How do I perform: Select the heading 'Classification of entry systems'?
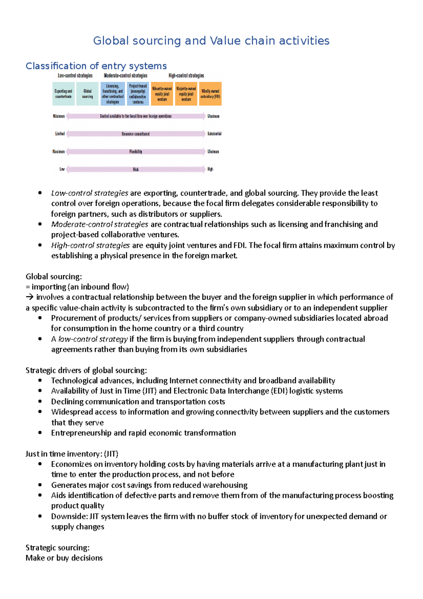coord(96,66)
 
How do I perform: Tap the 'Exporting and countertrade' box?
coord(63,94)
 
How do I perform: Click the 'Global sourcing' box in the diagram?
coord(87,94)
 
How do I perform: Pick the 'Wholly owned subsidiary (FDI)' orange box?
coord(210,94)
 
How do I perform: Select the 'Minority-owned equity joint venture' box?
coord(162,94)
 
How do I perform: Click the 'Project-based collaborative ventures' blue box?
coord(138,94)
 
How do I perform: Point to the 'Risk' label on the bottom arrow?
coord(136,169)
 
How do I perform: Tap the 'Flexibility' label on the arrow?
coord(136,152)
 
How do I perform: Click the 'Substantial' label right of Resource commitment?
coord(214,134)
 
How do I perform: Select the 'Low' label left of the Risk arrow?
coord(62,169)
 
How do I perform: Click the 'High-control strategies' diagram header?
coord(186,75)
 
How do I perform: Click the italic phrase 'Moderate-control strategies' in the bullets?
coord(99,224)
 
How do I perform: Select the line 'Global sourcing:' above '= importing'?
coord(54,277)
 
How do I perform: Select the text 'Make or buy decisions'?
coord(64,558)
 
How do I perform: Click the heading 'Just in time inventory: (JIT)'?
coord(72,454)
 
